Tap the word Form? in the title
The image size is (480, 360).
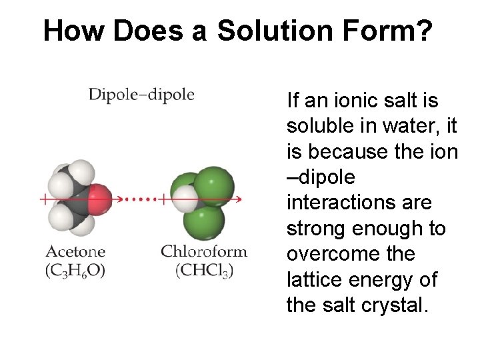click(x=399, y=31)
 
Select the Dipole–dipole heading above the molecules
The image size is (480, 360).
click(x=141, y=95)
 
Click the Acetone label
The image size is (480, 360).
click(x=75, y=252)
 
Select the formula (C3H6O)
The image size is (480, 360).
click(x=75, y=271)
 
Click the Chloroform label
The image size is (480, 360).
click(x=203, y=252)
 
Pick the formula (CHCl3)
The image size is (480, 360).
click(x=203, y=271)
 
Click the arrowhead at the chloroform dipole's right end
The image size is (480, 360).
click(x=239, y=199)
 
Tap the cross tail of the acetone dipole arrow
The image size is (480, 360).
click(x=45, y=199)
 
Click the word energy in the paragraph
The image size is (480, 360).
click(x=388, y=280)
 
